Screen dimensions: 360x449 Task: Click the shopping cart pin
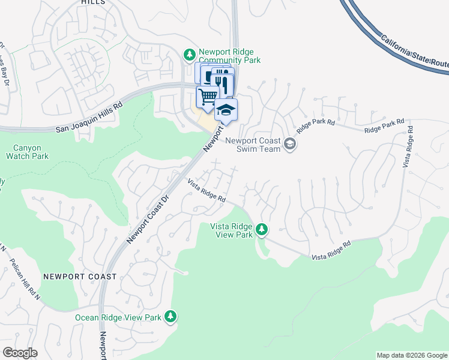click(207, 96)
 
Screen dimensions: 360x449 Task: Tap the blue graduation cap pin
click(226, 110)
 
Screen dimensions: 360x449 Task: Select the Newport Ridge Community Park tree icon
click(190, 55)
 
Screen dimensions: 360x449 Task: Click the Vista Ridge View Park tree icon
click(261, 229)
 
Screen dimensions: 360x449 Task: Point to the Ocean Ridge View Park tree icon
click(170, 316)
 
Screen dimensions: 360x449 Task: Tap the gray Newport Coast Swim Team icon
click(290, 143)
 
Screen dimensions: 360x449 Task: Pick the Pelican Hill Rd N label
click(23, 280)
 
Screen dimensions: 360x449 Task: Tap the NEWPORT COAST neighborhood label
click(80, 277)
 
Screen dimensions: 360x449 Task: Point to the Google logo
click(20, 353)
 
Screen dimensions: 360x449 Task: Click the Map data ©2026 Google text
click(412, 355)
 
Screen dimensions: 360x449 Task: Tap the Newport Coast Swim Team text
click(253, 145)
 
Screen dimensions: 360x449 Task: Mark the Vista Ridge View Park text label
click(232, 230)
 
